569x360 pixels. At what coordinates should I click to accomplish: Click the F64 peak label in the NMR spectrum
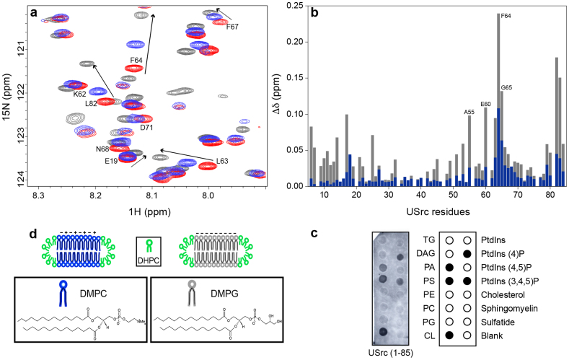(x=136, y=60)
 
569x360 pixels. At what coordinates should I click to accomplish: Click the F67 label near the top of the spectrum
(x=232, y=27)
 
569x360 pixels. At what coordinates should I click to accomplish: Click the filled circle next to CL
(x=449, y=335)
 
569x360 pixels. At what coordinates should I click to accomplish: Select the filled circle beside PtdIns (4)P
(x=469, y=254)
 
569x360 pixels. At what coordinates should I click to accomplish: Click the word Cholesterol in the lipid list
(x=501, y=294)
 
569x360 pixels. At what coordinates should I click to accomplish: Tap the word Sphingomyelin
(x=506, y=308)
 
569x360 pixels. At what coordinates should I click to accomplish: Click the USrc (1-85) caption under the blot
(x=395, y=354)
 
